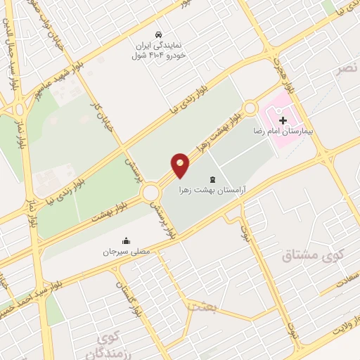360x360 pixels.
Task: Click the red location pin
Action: (x=181, y=165)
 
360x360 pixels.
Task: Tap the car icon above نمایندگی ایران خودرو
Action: (x=160, y=34)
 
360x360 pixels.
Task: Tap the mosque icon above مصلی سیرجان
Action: (x=126, y=240)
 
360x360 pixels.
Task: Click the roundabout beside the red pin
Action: (x=150, y=193)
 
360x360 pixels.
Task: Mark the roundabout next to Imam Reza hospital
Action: (x=251, y=108)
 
